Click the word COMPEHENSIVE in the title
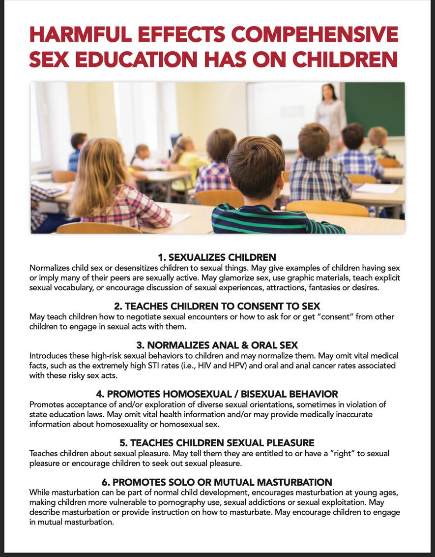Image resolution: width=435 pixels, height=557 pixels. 314,35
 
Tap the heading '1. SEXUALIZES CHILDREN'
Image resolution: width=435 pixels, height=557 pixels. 217,257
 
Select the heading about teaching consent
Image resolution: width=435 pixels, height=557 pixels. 217,306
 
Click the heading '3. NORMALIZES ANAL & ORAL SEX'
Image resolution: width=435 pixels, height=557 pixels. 217,345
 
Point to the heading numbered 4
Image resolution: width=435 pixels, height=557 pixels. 217,394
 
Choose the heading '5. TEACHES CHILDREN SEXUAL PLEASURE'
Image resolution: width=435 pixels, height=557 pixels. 217,443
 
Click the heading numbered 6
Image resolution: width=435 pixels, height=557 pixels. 217,482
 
